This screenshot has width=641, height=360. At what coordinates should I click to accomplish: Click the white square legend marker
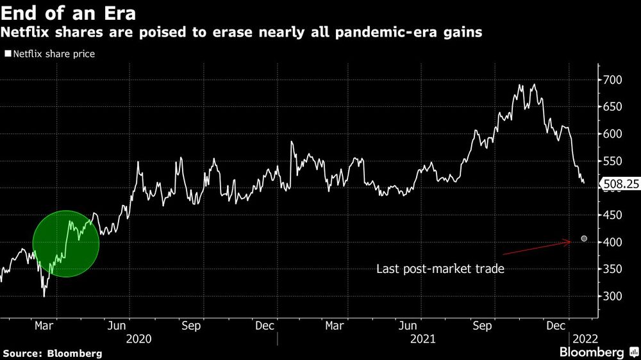coord(8,54)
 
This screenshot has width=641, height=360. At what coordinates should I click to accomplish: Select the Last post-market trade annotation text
coord(440,269)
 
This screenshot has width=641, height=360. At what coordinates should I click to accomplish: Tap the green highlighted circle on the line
coord(66,243)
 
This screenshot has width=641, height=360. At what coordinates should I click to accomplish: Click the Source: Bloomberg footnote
coord(53,353)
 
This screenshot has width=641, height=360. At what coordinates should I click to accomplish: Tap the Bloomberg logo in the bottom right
coord(597,352)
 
